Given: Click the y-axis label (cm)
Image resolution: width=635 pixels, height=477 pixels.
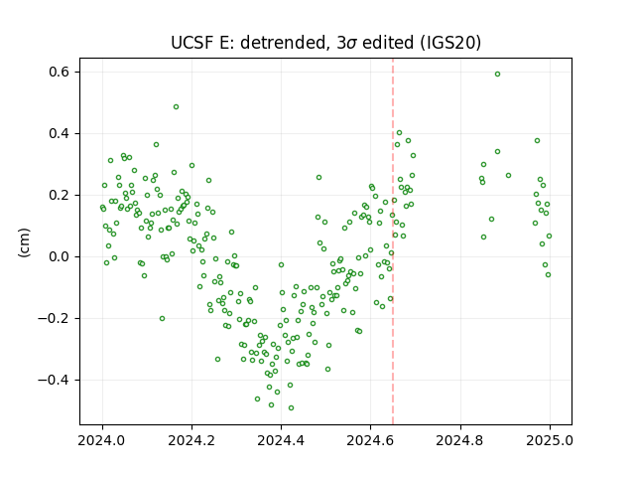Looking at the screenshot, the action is point(24,242).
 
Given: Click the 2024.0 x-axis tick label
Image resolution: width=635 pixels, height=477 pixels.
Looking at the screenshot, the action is point(102,440).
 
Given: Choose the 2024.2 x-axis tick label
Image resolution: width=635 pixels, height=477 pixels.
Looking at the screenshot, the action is point(191,440).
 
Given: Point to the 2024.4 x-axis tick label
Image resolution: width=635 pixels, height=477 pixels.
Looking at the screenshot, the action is point(281,440).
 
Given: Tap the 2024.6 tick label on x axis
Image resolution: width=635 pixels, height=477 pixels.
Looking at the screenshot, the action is point(370,440).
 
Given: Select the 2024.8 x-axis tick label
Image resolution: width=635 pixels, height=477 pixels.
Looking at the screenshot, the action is point(460,440).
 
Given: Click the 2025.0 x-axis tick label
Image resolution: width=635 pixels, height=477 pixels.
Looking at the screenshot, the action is point(550,440).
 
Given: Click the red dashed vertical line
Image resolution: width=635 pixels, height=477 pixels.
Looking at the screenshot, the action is point(393,241).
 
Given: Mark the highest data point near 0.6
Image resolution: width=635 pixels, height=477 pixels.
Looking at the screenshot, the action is point(497,75).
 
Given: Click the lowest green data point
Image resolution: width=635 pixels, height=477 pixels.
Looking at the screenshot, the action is point(291,408).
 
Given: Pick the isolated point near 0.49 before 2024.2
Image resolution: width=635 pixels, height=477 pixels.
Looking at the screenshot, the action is point(176,107).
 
